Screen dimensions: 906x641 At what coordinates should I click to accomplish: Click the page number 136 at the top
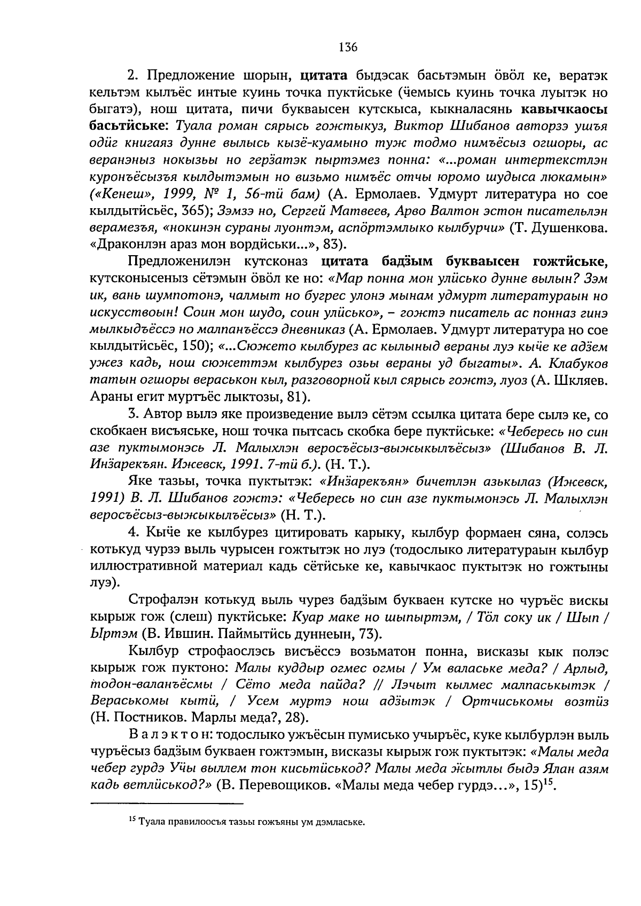347,47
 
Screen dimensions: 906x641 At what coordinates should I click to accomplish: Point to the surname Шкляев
580,380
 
